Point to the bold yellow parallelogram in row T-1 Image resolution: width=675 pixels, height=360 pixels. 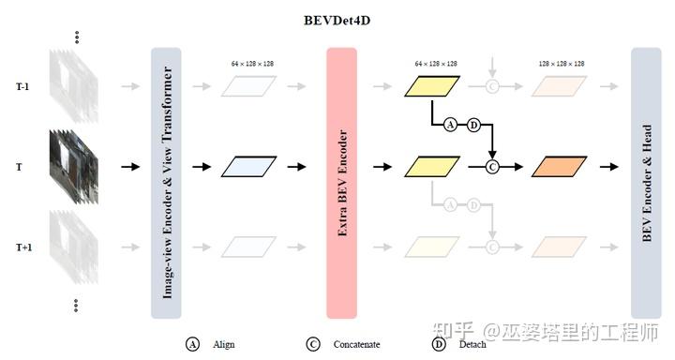(434, 86)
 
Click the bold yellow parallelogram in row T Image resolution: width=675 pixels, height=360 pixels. (434, 167)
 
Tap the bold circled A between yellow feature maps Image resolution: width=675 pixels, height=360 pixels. (450, 125)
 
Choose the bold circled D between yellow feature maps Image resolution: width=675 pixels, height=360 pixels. (473, 125)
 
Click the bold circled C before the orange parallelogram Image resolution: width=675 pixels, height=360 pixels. (491, 167)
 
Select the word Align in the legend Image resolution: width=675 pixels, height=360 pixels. (224, 345)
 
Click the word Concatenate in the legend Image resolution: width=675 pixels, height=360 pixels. (357, 345)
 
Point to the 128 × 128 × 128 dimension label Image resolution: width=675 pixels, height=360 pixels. (562, 63)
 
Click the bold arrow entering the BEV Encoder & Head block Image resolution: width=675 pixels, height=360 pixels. (608, 167)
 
